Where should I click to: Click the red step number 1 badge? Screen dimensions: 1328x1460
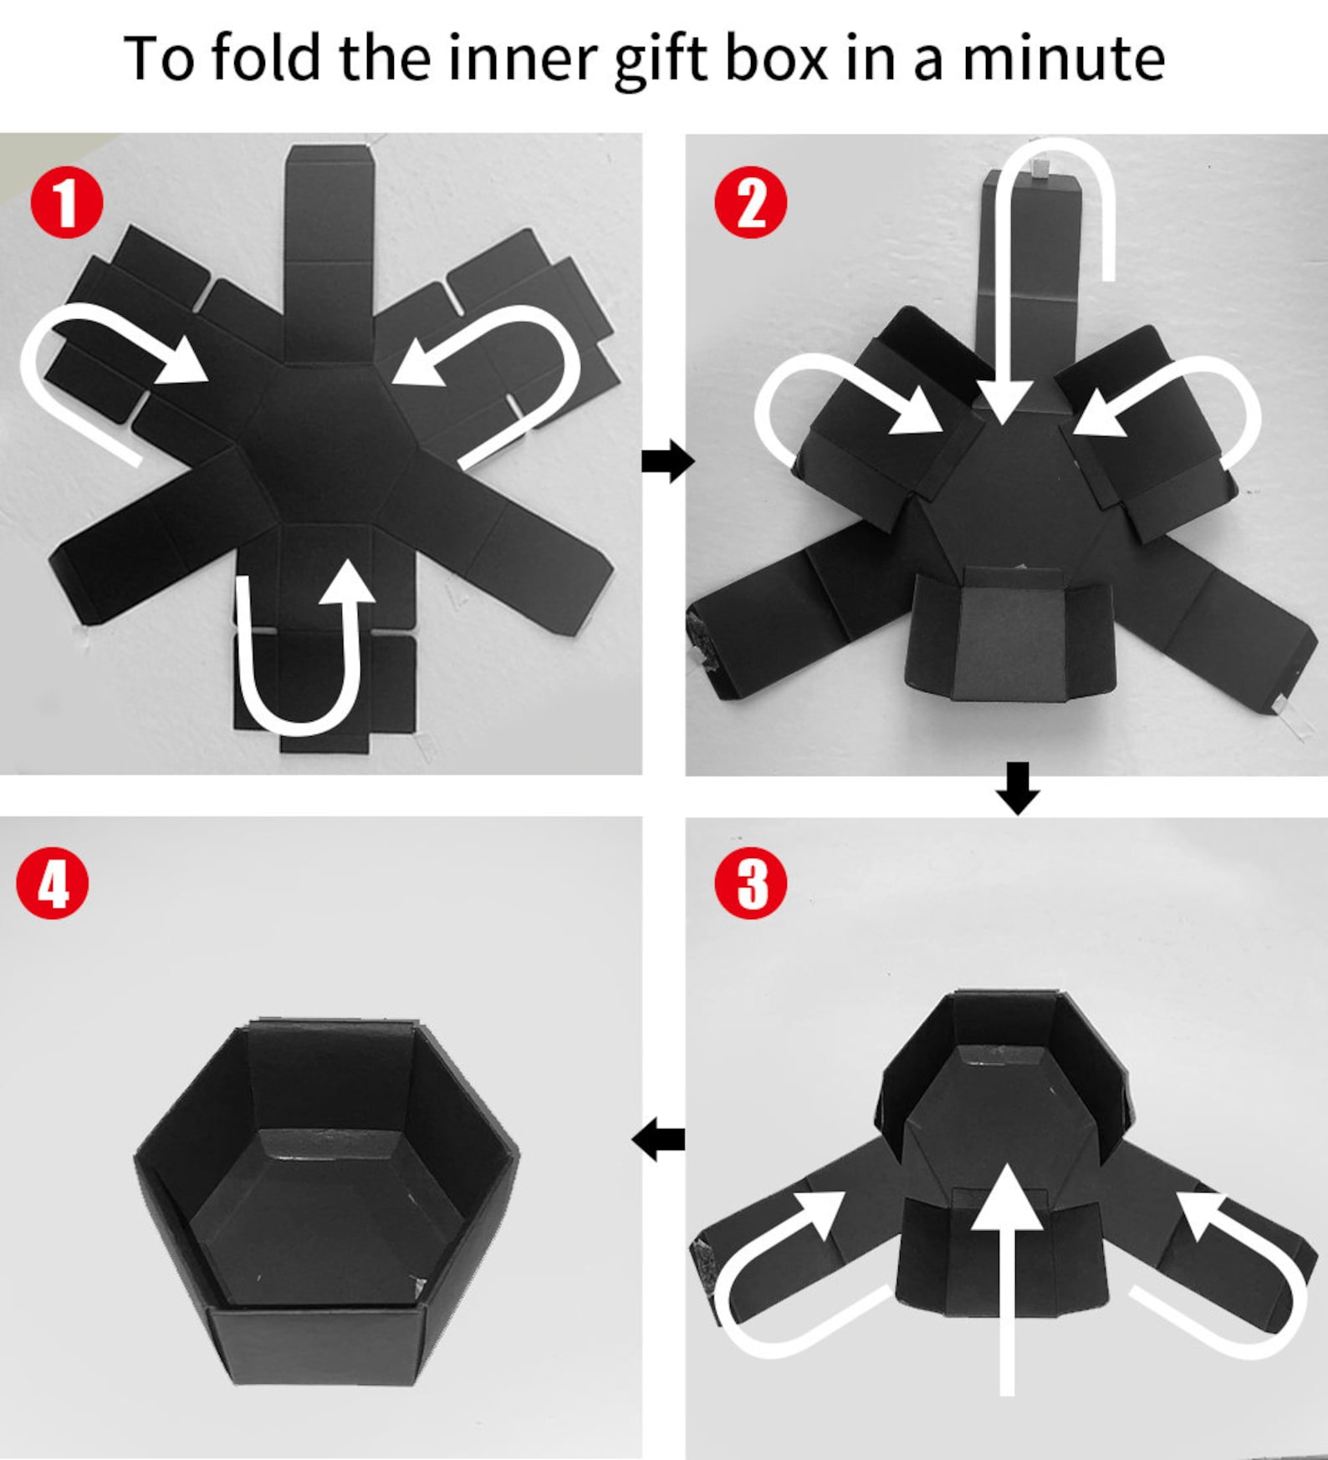click(66, 204)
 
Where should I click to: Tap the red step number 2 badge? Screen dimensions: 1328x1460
click(751, 202)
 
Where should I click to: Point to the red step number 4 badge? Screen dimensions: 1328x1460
click(53, 884)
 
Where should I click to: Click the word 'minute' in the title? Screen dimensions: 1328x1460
click(1064, 58)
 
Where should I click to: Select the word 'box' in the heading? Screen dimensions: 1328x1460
click(777, 58)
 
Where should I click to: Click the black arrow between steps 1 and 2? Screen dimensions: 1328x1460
click(667, 461)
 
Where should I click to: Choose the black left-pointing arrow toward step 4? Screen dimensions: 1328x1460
click(659, 1139)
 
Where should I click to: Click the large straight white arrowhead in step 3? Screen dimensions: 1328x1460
click(1008, 1195)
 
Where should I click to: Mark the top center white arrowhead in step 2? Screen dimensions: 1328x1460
click(1003, 400)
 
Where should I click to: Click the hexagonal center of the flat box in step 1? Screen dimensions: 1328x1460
click(327, 443)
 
